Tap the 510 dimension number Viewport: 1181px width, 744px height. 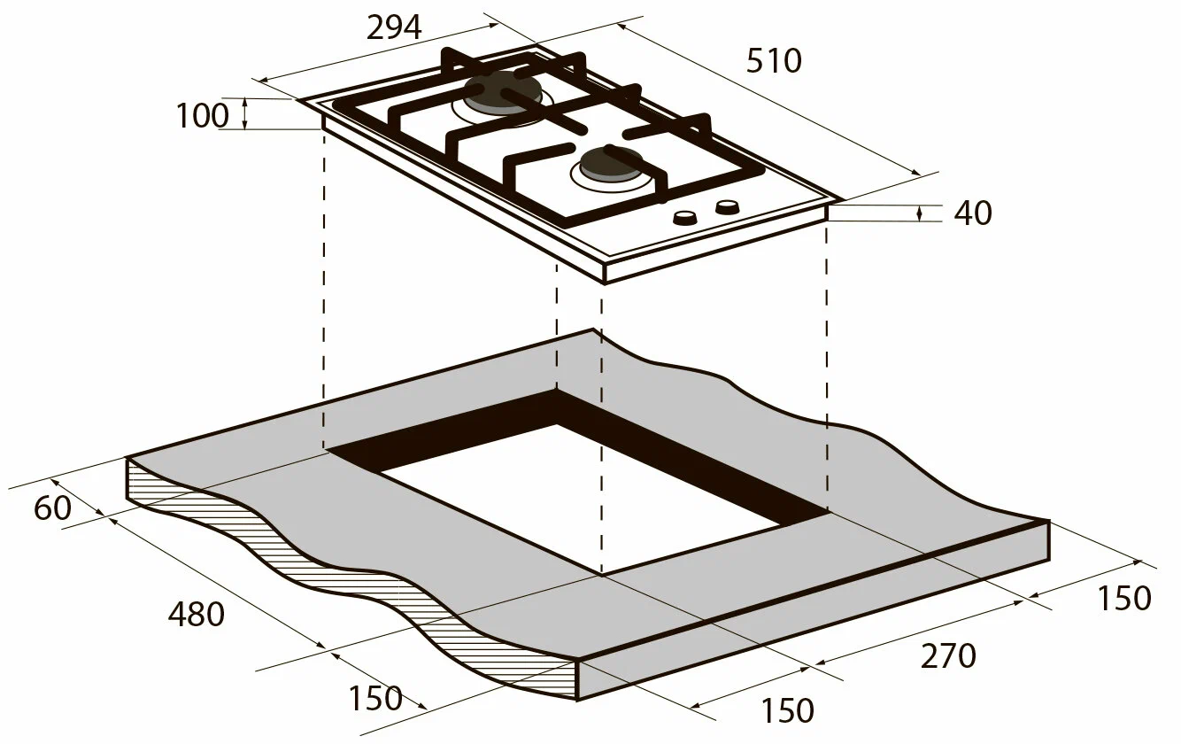click(774, 61)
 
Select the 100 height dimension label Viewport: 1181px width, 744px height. click(203, 115)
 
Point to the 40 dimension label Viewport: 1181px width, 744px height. click(973, 213)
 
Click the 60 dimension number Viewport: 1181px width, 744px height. click(52, 508)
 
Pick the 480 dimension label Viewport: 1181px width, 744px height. click(197, 614)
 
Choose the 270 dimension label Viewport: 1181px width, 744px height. click(948, 656)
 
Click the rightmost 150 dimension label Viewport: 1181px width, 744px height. click(1124, 598)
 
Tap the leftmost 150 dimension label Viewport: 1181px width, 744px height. click(375, 698)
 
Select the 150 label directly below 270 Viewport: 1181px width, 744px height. click(787, 709)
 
